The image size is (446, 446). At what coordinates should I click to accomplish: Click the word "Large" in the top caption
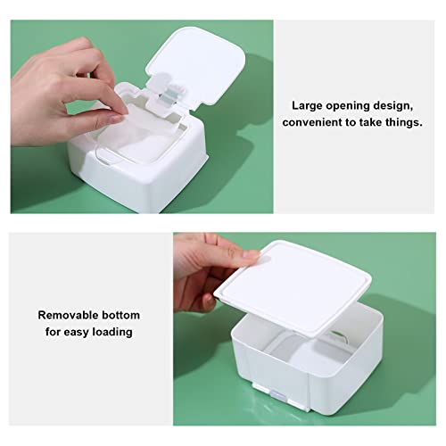click(x=306, y=106)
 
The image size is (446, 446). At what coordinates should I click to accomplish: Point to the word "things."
click(x=404, y=123)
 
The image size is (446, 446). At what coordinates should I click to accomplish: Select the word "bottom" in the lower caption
click(x=120, y=315)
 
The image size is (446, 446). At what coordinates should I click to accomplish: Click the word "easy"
click(x=75, y=332)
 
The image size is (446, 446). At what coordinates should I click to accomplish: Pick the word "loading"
click(x=112, y=332)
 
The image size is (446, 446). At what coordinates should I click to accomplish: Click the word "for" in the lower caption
click(x=52, y=332)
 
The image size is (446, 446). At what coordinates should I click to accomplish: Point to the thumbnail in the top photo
click(x=116, y=119)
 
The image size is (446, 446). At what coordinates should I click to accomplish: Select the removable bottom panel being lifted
click(x=293, y=288)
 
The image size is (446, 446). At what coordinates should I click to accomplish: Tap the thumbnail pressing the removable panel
click(x=251, y=253)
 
